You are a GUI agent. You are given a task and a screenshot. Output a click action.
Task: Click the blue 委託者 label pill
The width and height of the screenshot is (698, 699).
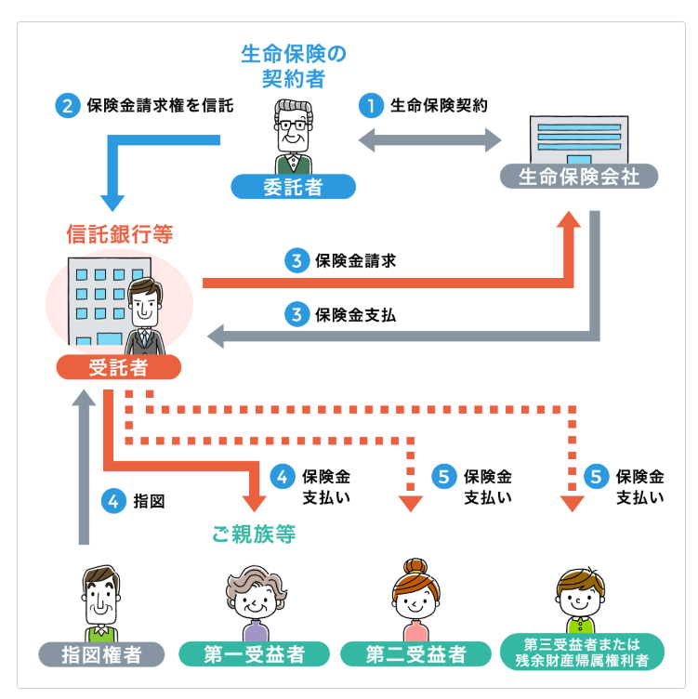(x=293, y=187)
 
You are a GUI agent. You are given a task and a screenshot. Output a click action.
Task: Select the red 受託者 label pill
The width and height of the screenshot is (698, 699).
(x=118, y=366)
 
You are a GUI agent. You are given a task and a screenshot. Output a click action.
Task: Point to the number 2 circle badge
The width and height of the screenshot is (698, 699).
(x=68, y=105)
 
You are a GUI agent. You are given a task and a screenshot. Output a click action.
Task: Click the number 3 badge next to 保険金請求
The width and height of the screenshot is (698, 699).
(x=296, y=261)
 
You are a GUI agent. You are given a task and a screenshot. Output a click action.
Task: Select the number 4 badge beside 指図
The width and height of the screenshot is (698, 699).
(x=114, y=501)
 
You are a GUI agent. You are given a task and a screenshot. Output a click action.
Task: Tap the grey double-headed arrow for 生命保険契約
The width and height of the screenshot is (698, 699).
(x=430, y=139)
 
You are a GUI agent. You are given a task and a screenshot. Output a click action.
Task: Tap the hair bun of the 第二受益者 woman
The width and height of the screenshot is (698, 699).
(x=415, y=566)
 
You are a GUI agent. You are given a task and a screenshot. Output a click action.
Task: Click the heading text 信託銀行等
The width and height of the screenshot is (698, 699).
(x=119, y=231)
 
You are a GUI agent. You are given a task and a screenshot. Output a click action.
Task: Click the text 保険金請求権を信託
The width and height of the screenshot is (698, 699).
(x=159, y=105)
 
